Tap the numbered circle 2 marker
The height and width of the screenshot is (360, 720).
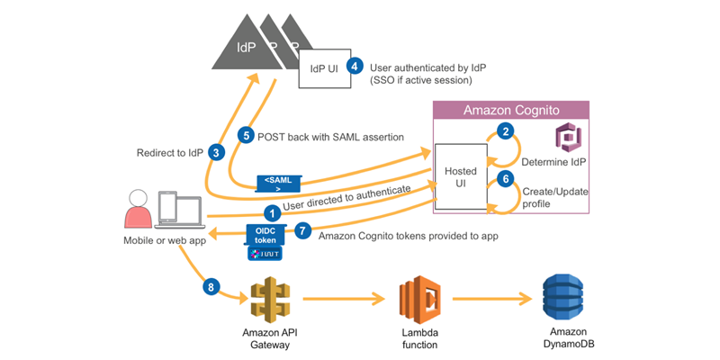(x=506, y=131)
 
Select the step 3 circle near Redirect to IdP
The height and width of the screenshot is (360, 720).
(x=215, y=152)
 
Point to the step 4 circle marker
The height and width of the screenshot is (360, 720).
(x=355, y=66)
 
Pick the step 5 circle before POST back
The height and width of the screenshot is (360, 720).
(x=245, y=134)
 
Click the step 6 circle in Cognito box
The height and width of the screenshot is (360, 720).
(x=506, y=178)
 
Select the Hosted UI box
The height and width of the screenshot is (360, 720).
(x=461, y=176)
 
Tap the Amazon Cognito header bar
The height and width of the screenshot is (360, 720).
(x=512, y=110)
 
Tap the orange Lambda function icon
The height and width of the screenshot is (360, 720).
(x=418, y=301)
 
